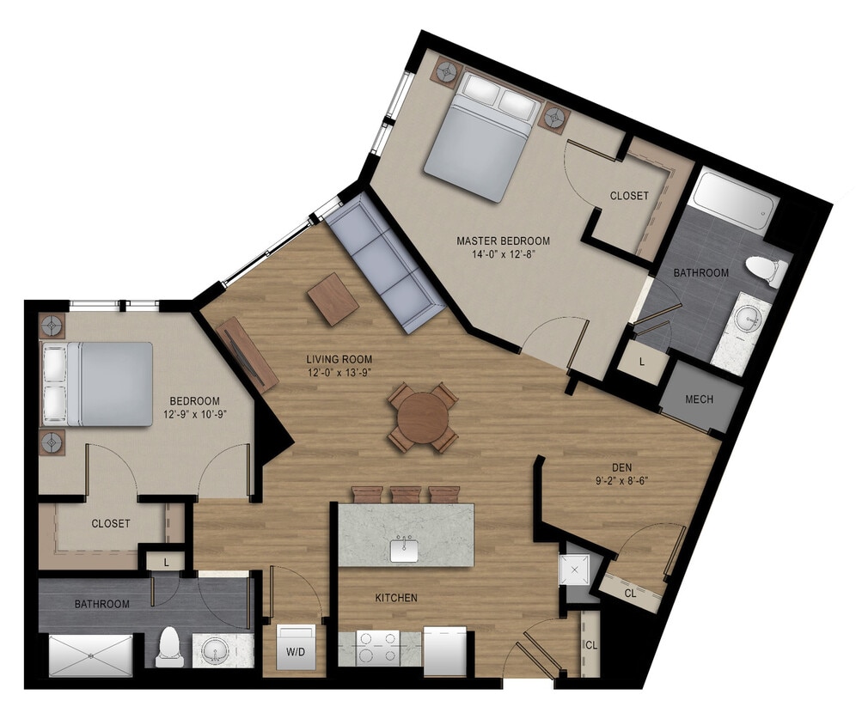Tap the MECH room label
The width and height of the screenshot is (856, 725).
tap(699, 399)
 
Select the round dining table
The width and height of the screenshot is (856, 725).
tap(422, 417)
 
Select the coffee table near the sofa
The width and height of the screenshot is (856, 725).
tap(333, 299)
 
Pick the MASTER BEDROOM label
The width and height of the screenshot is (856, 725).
tap(503, 241)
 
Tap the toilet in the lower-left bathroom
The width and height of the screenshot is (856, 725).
tap(168, 647)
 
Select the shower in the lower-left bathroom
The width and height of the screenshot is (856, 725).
tap(91, 655)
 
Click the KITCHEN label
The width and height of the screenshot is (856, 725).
tap(396, 597)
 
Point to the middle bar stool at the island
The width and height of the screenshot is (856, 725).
tap(407, 494)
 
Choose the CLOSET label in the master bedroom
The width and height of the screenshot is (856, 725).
tap(629, 196)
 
